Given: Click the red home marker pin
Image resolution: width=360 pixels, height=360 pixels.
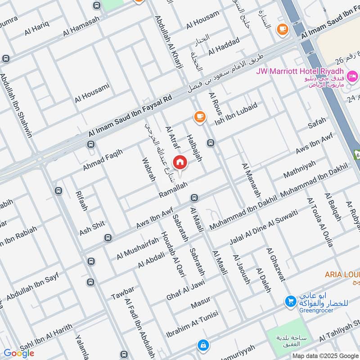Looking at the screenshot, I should [x=180, y=162].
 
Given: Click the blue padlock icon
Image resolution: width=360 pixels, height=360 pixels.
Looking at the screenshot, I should [x=203, y=345].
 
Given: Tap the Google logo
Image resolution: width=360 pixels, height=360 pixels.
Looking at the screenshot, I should [x=18, y=353].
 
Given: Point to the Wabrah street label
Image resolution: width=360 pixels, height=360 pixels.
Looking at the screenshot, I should [x=148, y=169].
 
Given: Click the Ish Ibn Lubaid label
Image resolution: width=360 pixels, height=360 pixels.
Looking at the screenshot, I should [x=236, y=114].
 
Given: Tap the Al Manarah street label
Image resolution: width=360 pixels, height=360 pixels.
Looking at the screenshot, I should [x=251, y=180].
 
